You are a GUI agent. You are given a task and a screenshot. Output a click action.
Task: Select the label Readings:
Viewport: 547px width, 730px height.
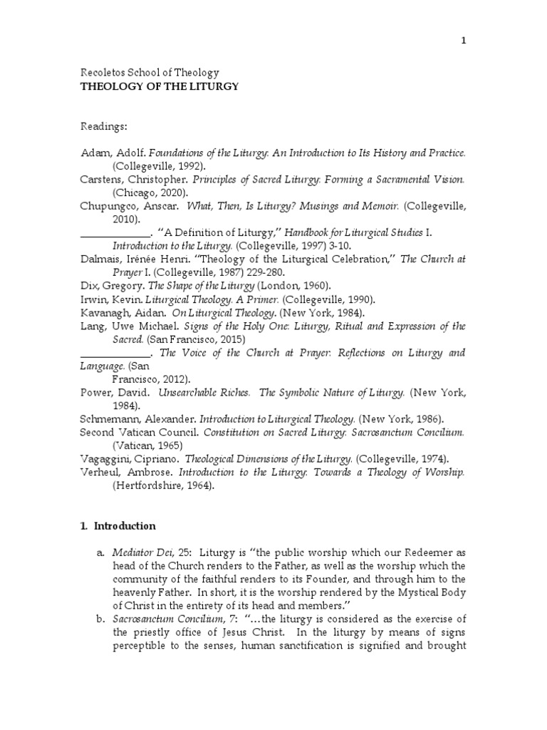(x=103, y=127)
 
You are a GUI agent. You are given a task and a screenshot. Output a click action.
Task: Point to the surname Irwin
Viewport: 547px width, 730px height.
(x=93, y=299)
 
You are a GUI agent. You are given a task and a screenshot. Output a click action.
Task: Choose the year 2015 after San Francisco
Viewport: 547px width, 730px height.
(x=229, y=339)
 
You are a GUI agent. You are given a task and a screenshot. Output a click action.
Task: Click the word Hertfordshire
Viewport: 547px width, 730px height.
(x=151, y=485)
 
